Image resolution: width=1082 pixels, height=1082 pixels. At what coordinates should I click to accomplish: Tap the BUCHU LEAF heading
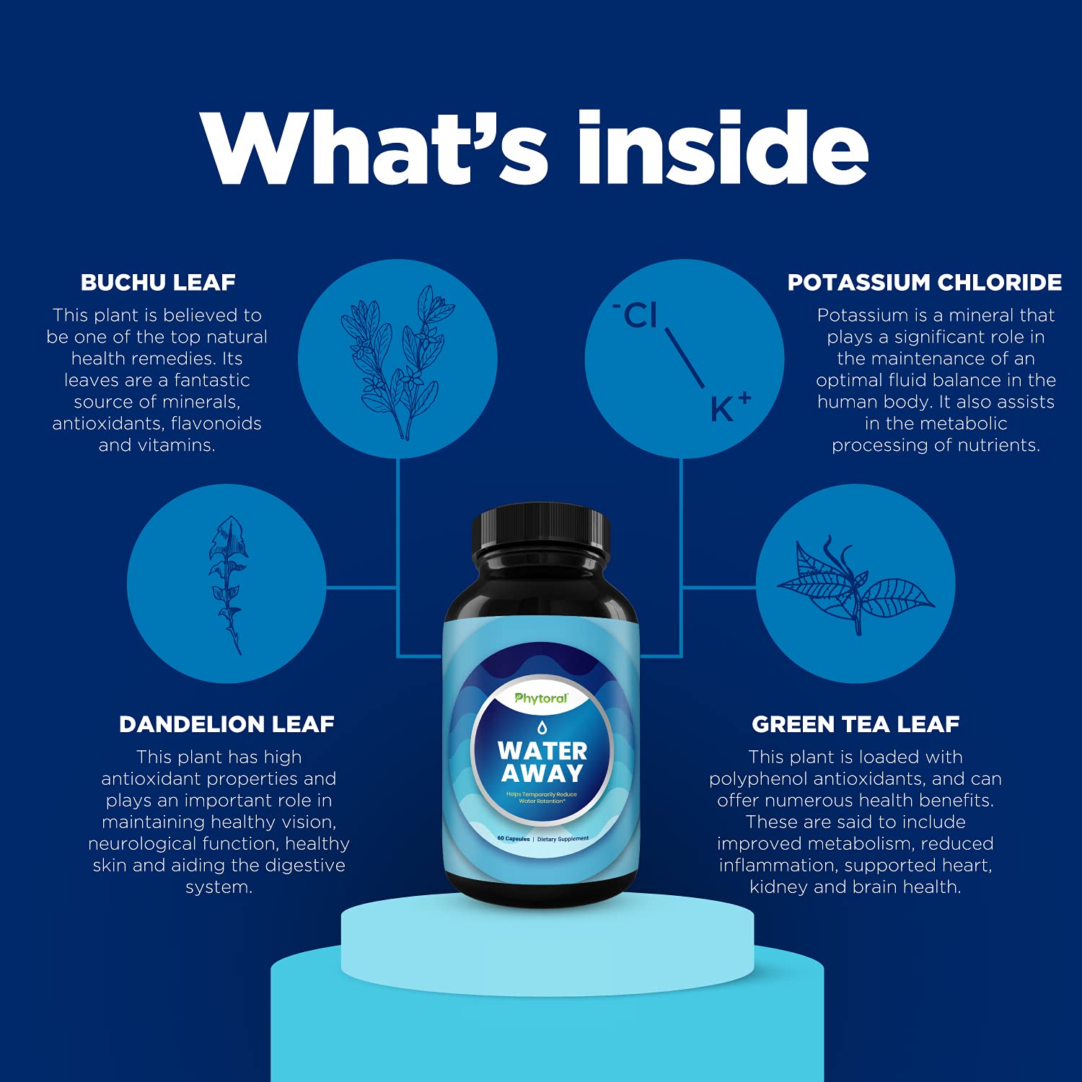158,282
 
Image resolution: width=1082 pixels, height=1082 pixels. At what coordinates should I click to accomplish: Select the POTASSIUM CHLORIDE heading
924,282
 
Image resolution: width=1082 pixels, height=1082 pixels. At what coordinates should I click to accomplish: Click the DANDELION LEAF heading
226,724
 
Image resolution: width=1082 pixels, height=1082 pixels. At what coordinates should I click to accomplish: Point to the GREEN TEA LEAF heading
856,724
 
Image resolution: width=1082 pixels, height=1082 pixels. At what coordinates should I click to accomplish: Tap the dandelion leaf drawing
228,584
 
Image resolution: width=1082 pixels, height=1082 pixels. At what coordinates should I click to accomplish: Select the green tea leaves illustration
856,585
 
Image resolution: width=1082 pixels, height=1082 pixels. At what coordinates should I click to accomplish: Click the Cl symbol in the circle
638,315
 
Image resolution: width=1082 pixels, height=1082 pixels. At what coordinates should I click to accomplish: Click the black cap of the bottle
541,534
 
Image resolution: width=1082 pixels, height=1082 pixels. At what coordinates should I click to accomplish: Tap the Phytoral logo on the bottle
541,698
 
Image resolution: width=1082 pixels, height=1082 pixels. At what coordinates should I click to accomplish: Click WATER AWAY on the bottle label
542,762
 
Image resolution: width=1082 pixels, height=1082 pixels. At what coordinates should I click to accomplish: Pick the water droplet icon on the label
542,726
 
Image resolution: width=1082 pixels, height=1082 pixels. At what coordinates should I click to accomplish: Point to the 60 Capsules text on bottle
514,839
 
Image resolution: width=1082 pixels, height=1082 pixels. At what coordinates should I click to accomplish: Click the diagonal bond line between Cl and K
684,358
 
